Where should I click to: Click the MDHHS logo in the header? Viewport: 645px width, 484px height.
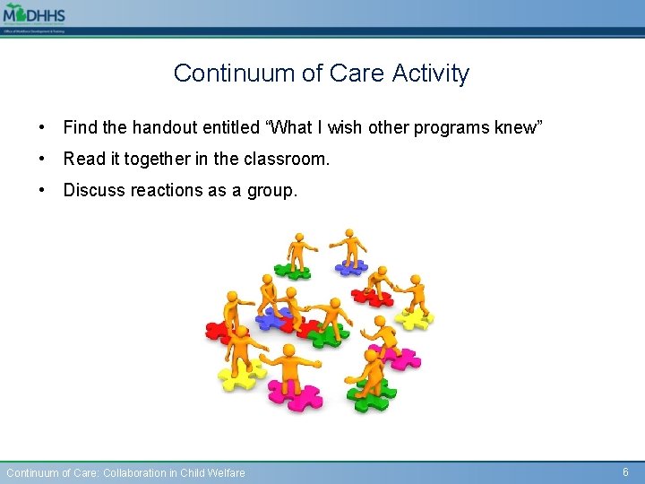click(x=34, y=16)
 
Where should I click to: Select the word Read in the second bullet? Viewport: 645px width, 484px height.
click(x=84, y=160)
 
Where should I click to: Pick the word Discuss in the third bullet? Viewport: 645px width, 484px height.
click(x=95, y=191)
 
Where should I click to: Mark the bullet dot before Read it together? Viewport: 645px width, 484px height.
click(x=43, y=160)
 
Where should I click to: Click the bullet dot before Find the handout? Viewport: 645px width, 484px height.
click(x=43, y=128)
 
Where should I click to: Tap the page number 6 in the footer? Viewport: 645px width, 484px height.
click(x=625, y=471)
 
